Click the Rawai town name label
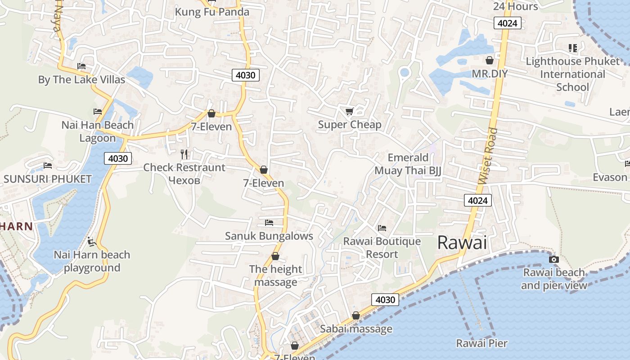[462, 243]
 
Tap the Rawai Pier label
[481, 343]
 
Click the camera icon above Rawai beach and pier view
[554, 259]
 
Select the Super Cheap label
[350, 125]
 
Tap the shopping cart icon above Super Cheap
[349, 111]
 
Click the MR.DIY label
[490, 73]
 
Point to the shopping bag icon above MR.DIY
[490, 60]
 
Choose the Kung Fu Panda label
[212, 12]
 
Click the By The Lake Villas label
[81, 80]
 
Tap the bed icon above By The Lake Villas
[81, 66]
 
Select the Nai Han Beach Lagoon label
[98, 131]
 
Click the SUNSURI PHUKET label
[47, 179]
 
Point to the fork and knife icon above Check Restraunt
[184, 154]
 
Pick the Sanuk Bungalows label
[269, 236]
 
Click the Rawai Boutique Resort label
[382, 247]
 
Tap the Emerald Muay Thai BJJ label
[408, 164]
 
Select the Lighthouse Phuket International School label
[572, 74]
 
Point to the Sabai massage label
[356, 329]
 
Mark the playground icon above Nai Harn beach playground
[92, 242]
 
